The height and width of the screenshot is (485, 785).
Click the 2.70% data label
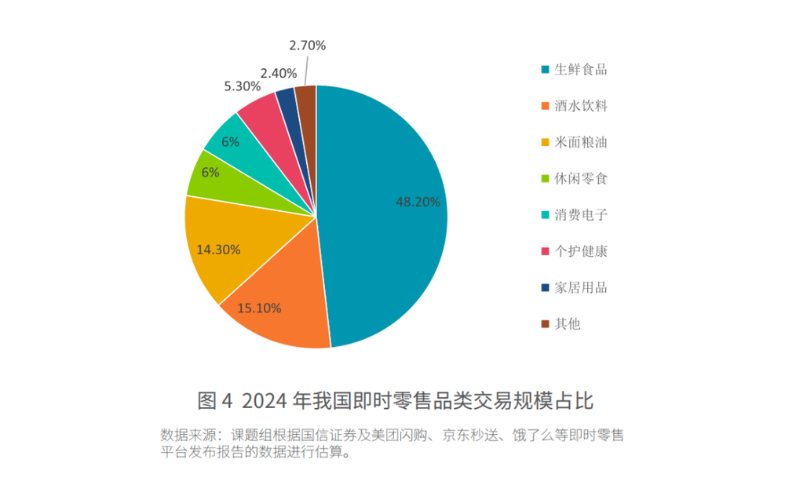(x=307, y=46)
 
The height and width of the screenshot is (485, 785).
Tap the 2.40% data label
(x=279, y=73)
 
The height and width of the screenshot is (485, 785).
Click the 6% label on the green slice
(x=210, y=173)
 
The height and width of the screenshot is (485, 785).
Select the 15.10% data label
(x=258, y=308)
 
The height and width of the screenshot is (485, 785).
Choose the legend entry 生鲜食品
(x=580, y=69)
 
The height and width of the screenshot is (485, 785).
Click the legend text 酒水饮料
(x=580, y=105)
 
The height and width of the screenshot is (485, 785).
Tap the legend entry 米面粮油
(x=580, y=142)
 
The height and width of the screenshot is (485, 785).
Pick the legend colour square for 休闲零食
(x=545, y=179)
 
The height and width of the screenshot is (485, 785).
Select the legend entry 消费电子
(x=580, y=214)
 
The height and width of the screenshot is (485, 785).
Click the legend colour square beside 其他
(x=545, y=323)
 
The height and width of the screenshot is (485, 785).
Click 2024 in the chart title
(x=264, y=401)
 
